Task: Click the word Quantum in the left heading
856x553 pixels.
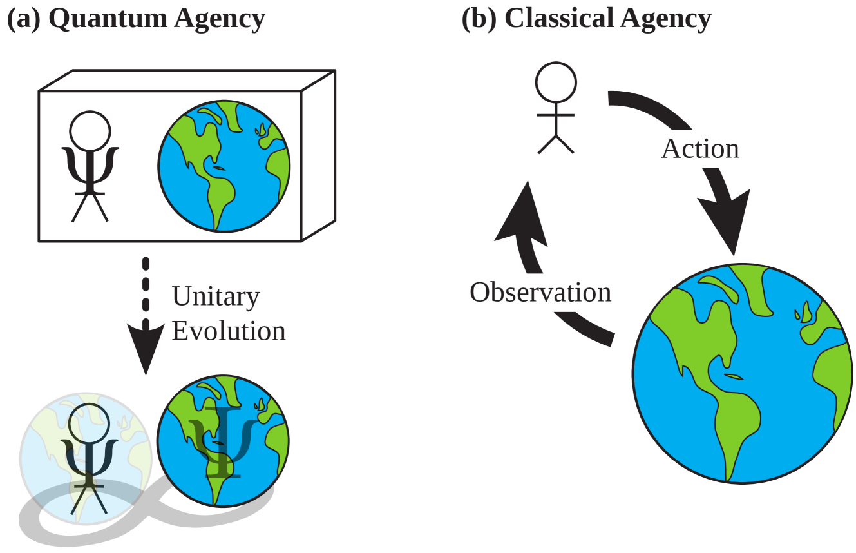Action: (x=107, y=19)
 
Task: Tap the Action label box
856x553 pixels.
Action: (x=696, y=149)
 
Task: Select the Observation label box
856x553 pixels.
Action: (x=540, y=293)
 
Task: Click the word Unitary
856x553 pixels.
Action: (x=216, y=297)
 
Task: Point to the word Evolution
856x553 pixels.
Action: (x=229, y=331)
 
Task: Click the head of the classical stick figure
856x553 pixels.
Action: (x=556, y=82)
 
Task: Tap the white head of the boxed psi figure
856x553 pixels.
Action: (x=90, y=131)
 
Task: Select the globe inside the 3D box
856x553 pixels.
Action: (x=224, y=166)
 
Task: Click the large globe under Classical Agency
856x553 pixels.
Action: (x=741, y=374)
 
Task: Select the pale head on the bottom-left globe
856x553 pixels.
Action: (x=89, y=423)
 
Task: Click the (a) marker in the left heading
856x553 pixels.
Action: (x=24, y=19)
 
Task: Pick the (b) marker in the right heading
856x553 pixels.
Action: (x=479, y=19)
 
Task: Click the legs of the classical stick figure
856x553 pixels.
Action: (x=556, y=144)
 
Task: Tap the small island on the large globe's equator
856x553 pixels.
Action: (x=732, y=376)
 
